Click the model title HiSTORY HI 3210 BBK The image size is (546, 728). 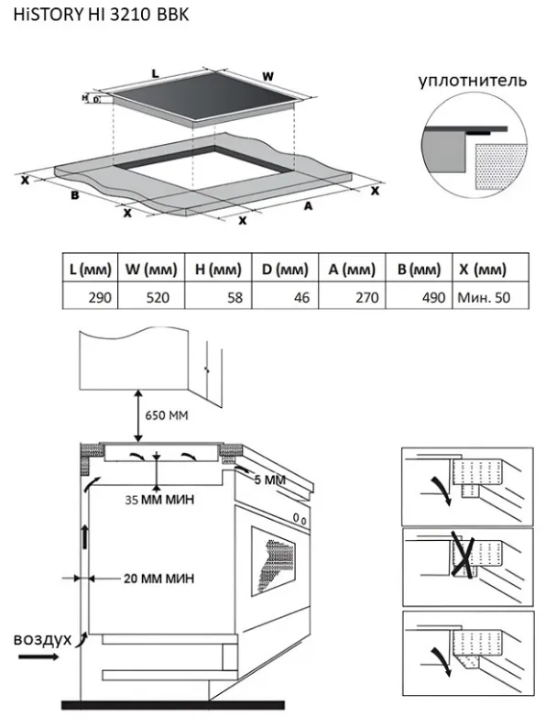(101, 15)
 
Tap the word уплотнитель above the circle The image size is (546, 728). (472, 81)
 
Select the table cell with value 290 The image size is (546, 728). (90, 296)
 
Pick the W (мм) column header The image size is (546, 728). (151, 269)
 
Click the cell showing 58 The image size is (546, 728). (219, 296)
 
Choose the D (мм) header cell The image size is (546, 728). (285, 269)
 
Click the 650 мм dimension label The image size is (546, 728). (167, 415)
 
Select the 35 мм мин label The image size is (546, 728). (159, 500)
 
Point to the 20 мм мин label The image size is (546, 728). (158, 579)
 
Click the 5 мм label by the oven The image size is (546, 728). (270, 480)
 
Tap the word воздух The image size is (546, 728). (43, 638)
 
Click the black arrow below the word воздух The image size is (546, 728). (39, 656)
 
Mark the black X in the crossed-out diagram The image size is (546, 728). (464, 557)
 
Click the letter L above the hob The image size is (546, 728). (156, 73)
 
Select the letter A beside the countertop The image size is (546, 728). (308, 205)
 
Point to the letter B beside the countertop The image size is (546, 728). (75, 195)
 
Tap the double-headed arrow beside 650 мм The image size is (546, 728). (137, 415)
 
